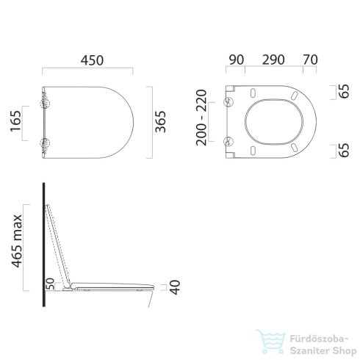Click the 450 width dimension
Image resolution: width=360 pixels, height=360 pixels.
tap(87, 57)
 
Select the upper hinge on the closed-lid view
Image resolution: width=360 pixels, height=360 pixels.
tap(46, 96)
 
